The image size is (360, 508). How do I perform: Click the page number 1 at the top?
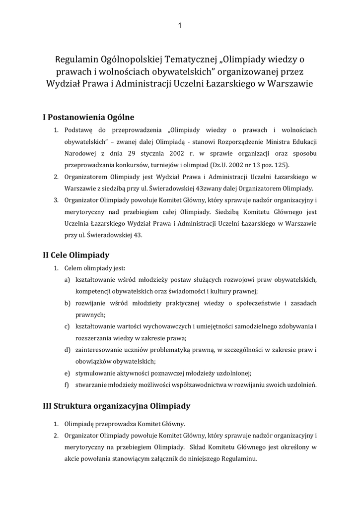click(x=180, y=26)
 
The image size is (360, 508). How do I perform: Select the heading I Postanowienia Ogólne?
click(x=89, y=118)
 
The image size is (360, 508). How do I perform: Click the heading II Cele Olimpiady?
click(x=76, y=255)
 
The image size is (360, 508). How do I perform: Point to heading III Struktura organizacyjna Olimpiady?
click(x=117, y=406)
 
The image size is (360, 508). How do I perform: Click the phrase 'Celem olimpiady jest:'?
click(x=95, y=268)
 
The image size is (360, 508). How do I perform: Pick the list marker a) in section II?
click(x=67, y=280)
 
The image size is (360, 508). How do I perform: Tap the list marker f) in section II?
click(x=67, y=384)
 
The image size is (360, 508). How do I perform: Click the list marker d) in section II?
click(x=67, y=350)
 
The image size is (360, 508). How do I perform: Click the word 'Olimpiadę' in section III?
click(x=81, y=425)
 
